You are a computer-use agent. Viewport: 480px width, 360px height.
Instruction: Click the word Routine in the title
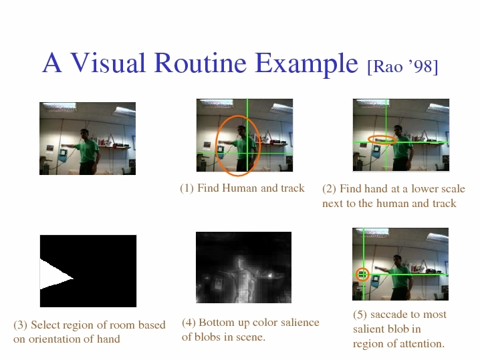tap(200, 63)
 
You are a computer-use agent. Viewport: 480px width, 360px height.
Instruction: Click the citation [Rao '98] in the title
tap(402, 66)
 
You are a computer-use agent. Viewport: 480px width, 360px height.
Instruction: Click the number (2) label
tap(329, 189)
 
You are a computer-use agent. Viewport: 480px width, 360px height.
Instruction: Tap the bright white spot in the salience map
tap(270, 276)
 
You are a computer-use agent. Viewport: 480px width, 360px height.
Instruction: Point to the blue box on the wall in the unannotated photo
tap(63, 155)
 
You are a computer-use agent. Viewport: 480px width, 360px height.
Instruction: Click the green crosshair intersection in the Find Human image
tap(247, 153)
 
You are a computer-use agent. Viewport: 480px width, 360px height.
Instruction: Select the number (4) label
tap(189, 323)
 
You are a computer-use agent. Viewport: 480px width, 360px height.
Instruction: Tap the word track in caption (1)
tap(293, 188)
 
